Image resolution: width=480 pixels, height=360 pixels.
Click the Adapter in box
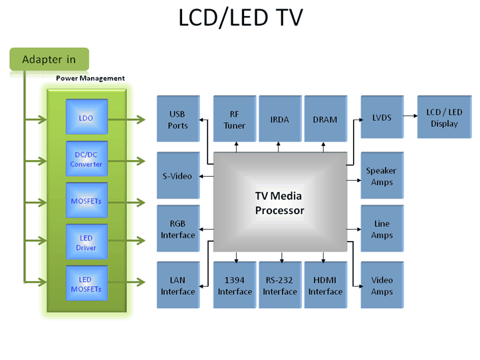(49, 59)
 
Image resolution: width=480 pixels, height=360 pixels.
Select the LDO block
(86, 118)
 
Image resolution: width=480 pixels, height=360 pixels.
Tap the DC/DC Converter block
(86, 159)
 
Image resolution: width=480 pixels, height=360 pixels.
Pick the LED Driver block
(86, 243)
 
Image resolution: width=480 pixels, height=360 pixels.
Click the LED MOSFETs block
(86, 284)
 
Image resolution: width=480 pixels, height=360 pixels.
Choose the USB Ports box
(178, 120)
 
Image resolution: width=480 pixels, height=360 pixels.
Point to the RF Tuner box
(234, 120)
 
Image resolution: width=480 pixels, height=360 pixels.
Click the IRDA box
(279, 120)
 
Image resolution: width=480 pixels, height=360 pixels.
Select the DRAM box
(325, 120)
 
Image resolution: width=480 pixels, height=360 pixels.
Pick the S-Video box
(178, 176)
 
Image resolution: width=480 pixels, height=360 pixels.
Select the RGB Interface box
(178, 229)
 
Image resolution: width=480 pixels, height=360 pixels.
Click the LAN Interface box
(178, 286)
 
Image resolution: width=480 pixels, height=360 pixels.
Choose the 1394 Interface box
(234, 286)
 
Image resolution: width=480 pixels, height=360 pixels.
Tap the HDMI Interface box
(325, 286)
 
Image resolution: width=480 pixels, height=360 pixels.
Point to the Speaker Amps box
(382, 176)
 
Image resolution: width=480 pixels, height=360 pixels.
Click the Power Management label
(90, 78)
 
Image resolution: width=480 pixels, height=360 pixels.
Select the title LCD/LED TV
(240, 19)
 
